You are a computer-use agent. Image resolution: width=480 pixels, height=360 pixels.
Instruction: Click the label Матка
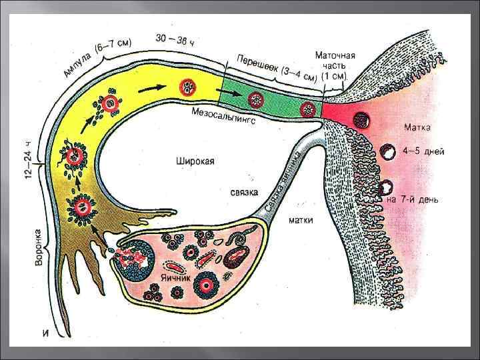point(421,127)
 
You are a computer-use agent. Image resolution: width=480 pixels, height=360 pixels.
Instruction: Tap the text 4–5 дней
point(425,151)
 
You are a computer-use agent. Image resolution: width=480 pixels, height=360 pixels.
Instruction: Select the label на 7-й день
point(414,199)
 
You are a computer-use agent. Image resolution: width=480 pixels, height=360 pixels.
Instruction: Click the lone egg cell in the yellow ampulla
point(187,87)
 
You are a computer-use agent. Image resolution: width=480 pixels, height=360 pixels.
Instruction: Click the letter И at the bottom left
point(47,333)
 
